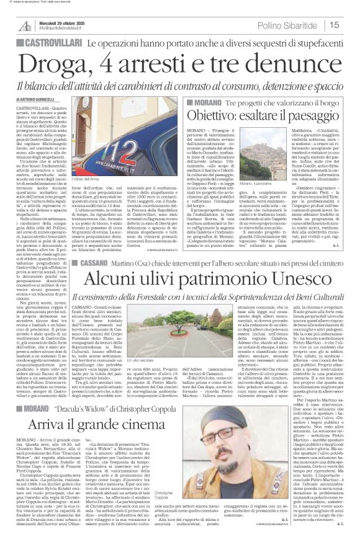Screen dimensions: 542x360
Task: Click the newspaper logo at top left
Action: tap(25, 24)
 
